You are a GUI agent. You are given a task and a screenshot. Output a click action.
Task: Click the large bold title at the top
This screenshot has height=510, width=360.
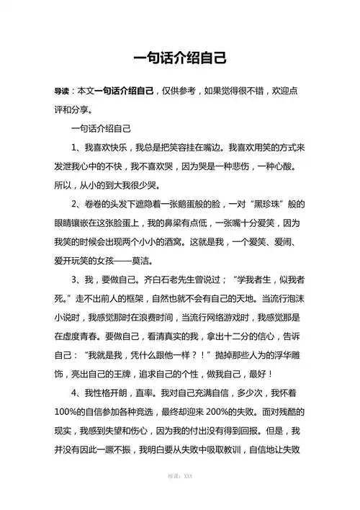pyautogui.click(x=180, y=57)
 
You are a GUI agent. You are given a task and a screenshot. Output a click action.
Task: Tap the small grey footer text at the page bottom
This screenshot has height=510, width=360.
pyautogui.click(x=179, y=497)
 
